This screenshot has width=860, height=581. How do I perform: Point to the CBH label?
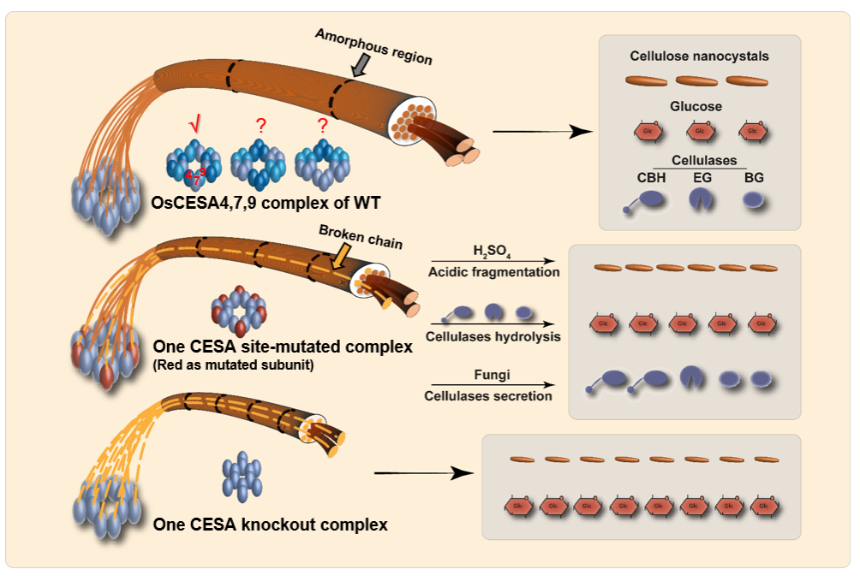pyautogui.click(x=652, y=177)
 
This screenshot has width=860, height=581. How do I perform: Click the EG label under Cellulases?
pyautogui.click(x=702, y=177)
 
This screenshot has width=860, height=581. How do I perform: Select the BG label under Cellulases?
pyautogui.click(x=753, y=177)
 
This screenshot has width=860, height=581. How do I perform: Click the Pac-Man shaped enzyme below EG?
pyautogui.click(x=701, y=199)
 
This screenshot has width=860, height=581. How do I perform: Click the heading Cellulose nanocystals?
pyautogui.click(x=699, y=56)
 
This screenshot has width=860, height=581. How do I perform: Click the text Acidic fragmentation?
pyautogui.click(x=493, y=272)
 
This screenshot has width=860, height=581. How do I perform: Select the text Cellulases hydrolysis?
pyautogui.click(x=493, y=336)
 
